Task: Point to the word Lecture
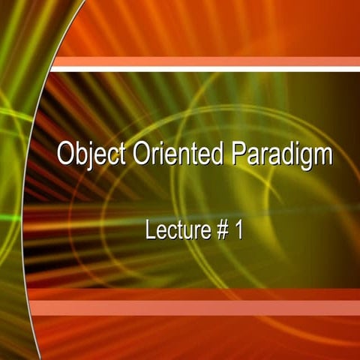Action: click(174, 230)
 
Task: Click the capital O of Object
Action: click(65, 154)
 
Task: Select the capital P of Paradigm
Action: click(238, 154)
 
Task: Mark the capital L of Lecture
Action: click(150, 230)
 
